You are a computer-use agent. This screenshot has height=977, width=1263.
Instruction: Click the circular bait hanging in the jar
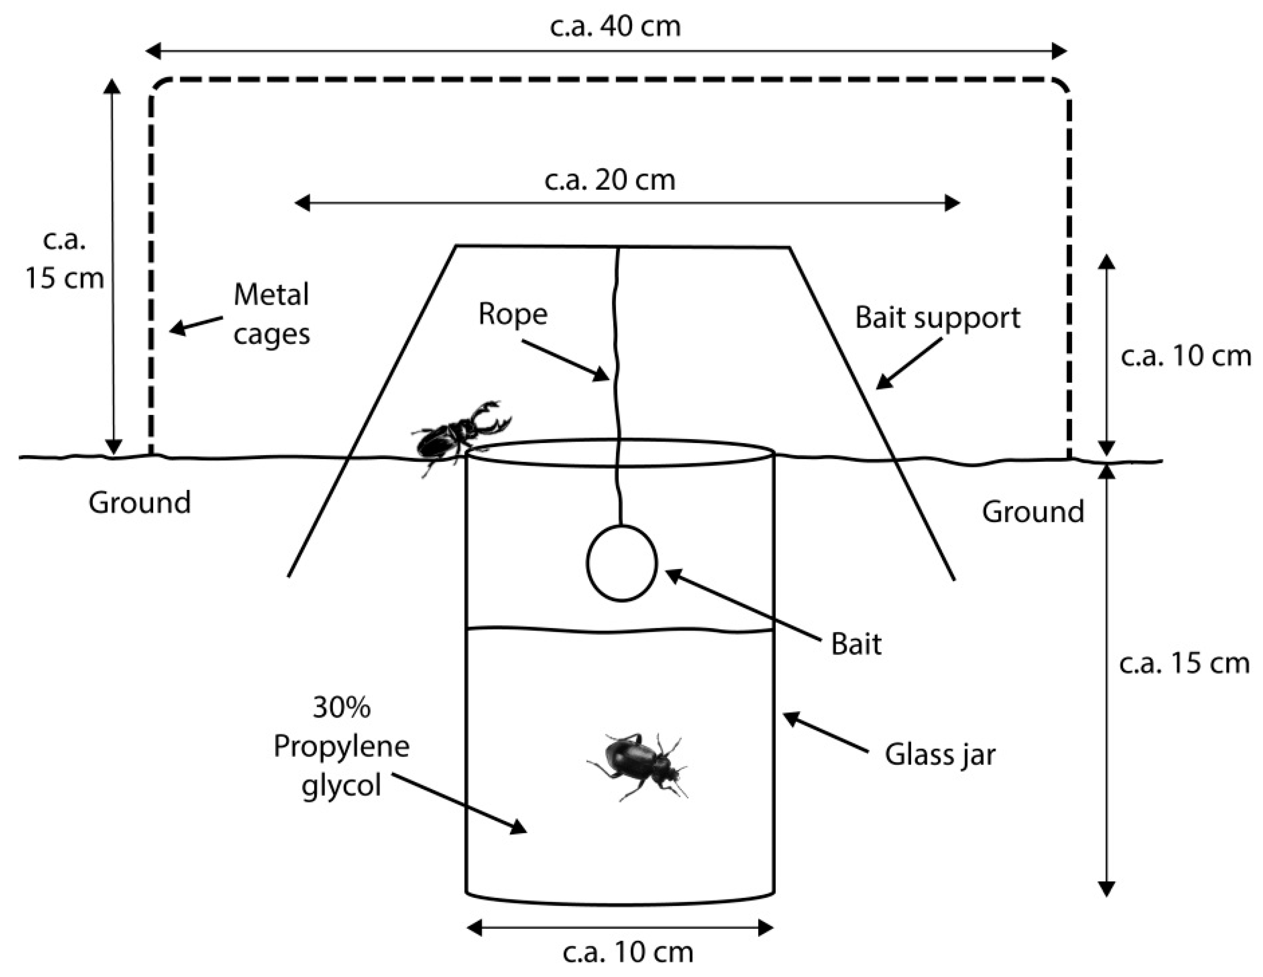[622, 562]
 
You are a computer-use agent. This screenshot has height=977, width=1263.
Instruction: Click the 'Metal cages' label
[271, 314]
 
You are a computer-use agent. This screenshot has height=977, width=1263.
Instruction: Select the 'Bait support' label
[937, 317]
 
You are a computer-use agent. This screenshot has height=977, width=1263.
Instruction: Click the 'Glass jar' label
[940, 754]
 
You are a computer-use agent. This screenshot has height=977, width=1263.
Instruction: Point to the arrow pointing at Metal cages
[195, 325]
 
